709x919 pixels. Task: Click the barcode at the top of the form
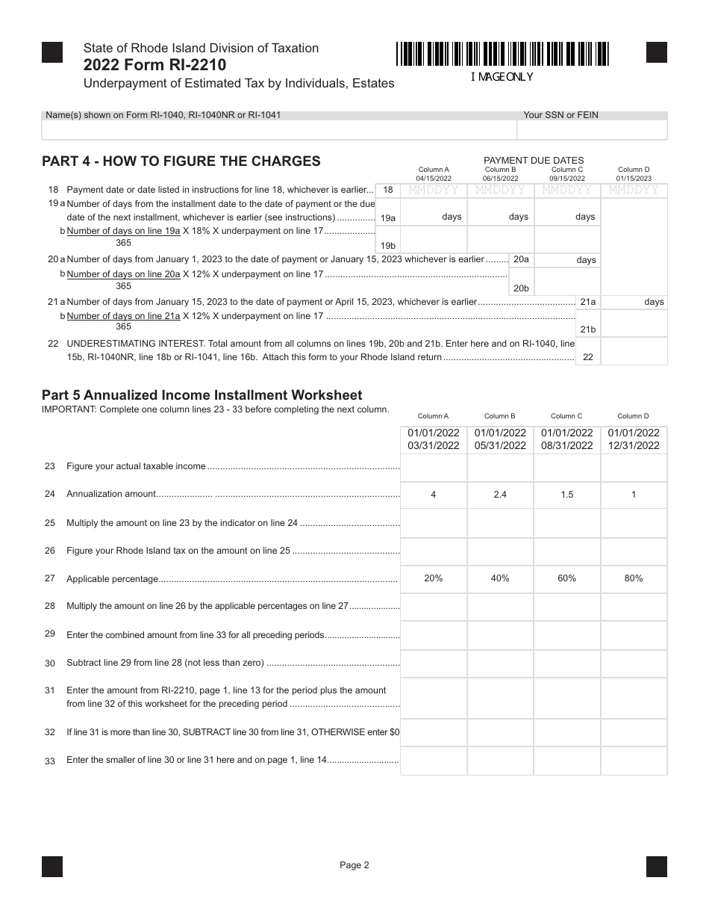(502, 55)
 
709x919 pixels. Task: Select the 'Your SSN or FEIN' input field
(592, 130)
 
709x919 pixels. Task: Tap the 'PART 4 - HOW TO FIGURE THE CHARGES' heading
(181, 161)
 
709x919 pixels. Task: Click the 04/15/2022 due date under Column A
(434, 179)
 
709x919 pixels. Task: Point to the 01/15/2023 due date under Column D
(634, 179)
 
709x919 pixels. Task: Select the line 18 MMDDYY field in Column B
(500, 190)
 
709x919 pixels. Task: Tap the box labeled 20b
(521, 288)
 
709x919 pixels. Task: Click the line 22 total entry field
(634, 352)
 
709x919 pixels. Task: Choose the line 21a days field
(634, 302)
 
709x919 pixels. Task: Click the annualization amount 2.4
(500, 495)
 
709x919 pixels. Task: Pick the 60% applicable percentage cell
(567, 578)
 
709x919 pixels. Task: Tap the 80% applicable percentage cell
(634, 578)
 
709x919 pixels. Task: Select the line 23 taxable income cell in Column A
(434, 467)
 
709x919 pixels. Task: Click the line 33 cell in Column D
(634, 761)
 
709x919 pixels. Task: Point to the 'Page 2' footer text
(354, 865)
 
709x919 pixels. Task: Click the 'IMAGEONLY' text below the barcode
(502, 77)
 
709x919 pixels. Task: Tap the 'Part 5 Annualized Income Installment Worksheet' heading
(202, 395)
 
